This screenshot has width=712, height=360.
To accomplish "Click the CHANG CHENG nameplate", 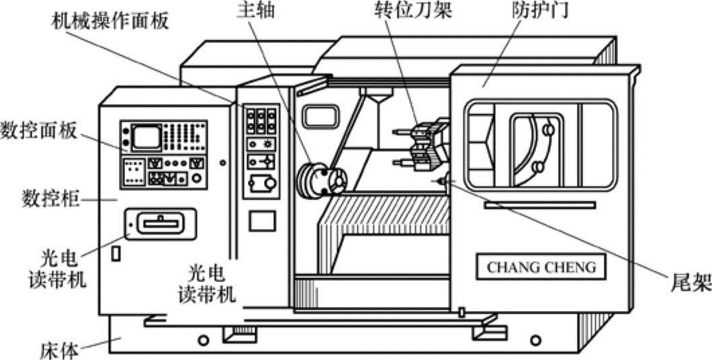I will click(x=541, y=267).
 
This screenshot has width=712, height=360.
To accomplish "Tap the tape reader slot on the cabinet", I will click(x=161, y=222).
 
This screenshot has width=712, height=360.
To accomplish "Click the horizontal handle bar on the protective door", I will click(x=539, y=206).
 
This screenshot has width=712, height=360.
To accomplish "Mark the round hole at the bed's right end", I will click(x=535, y=339).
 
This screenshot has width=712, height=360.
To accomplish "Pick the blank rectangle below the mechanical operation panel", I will click(x=262, y=222).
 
